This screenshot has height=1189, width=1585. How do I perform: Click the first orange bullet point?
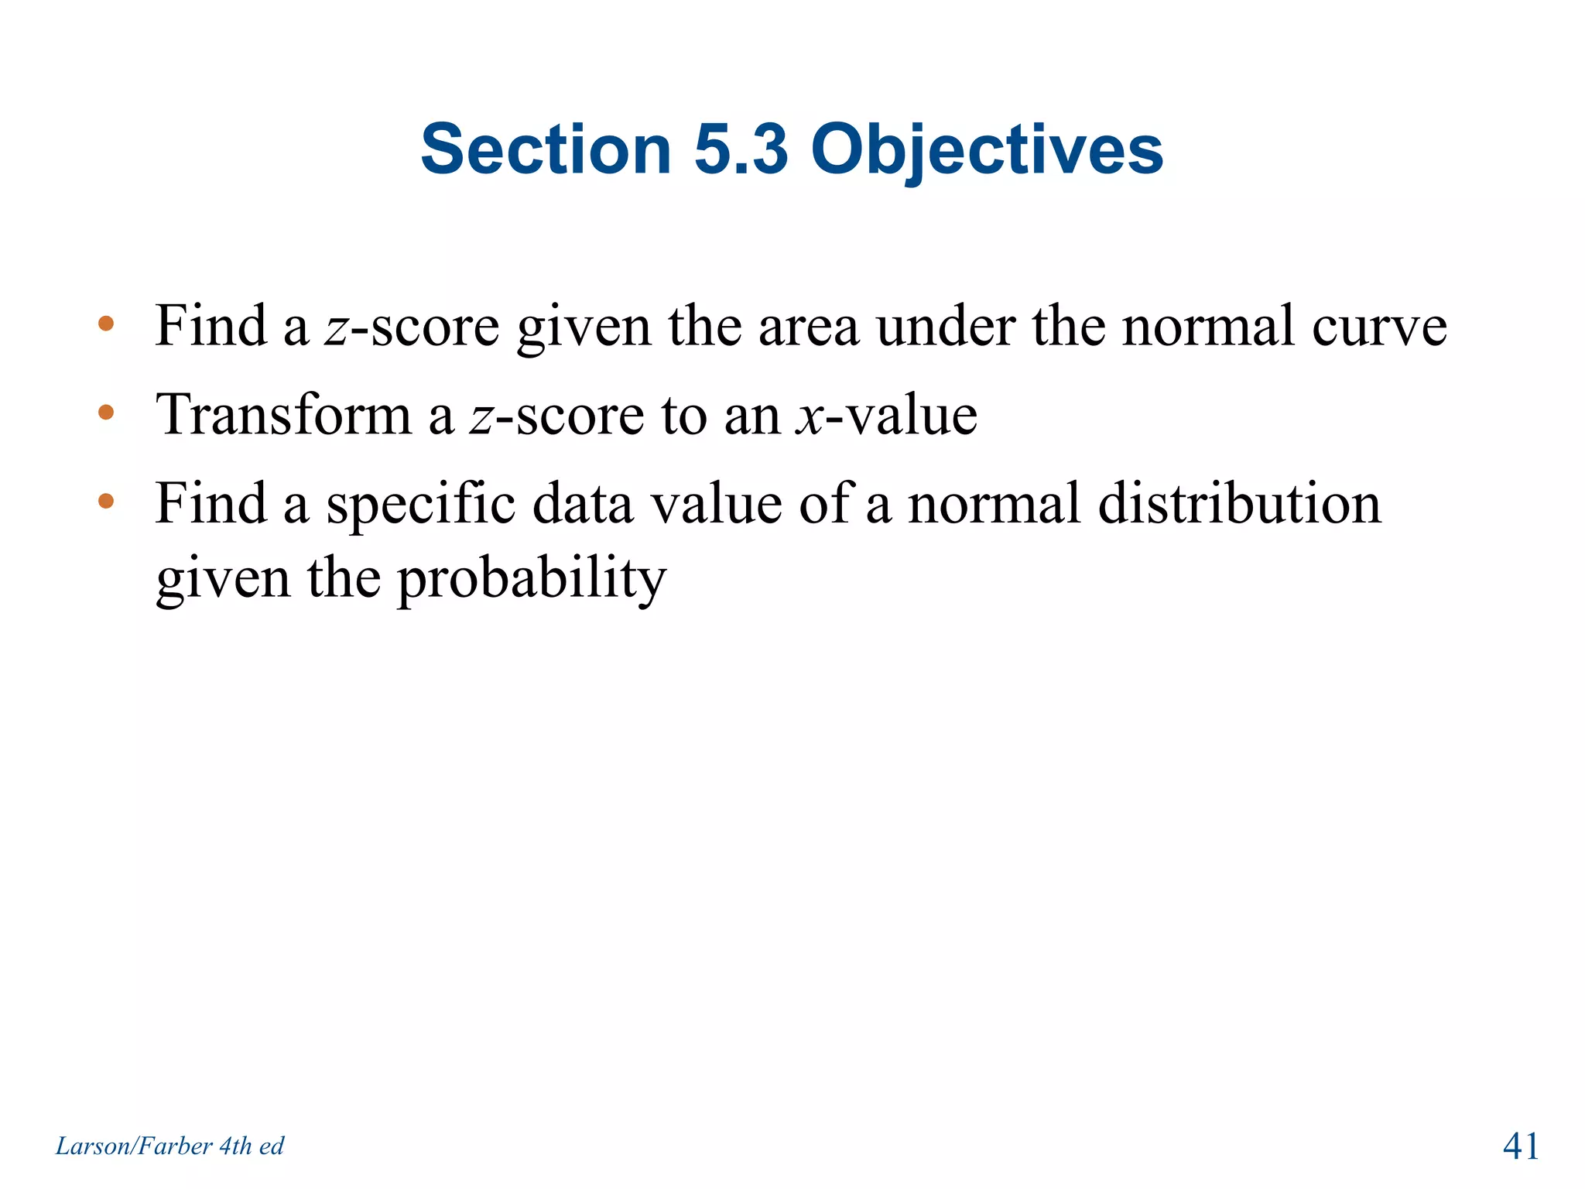(106, 324)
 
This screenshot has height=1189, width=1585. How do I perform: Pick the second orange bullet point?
(106, 413)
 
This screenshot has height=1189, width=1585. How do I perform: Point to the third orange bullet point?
(106, 502)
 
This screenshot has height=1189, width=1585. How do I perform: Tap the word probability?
(531, 579)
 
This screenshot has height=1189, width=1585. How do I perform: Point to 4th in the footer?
(235, 1146)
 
